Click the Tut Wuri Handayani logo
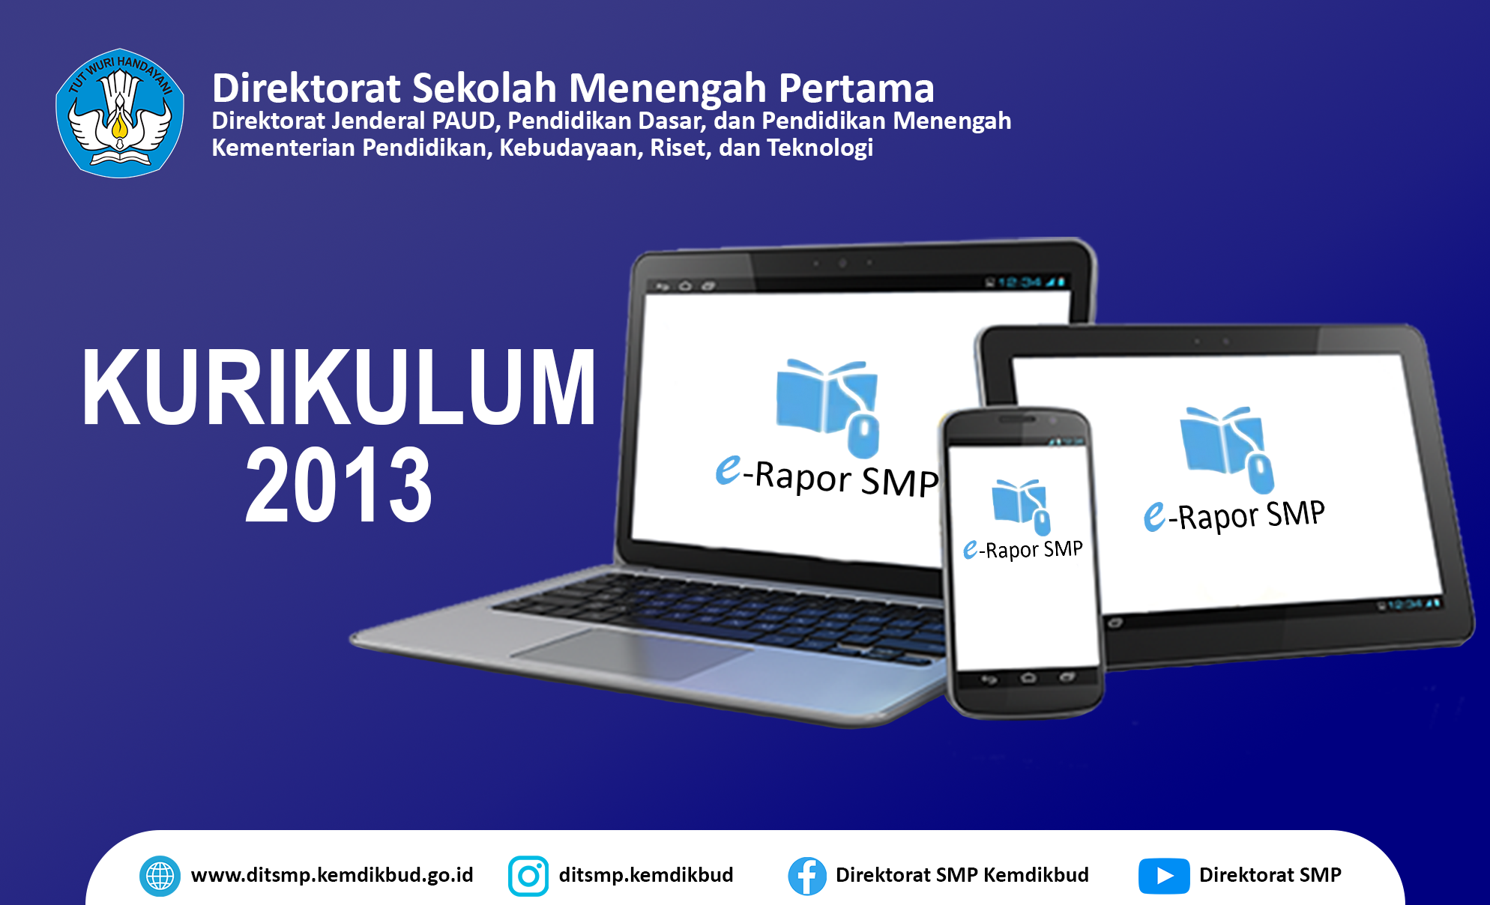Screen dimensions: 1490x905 point(120,113)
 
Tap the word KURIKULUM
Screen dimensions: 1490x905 point(339,388)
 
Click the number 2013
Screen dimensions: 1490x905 point(339,485)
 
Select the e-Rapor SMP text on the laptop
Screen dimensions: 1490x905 point(827,477)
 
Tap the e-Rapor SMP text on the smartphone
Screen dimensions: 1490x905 point(1023,550)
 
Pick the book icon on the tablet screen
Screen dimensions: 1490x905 point(1227,450)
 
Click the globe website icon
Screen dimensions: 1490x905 point(160,876)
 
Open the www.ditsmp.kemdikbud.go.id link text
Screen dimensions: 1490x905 point(332,875)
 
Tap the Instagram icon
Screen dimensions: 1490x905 point(528,876)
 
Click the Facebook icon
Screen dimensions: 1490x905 point(807,876)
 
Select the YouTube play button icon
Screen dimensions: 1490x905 point(1164,876)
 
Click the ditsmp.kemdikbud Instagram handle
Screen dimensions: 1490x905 point(646,875)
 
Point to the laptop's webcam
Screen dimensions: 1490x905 point(842,263)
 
